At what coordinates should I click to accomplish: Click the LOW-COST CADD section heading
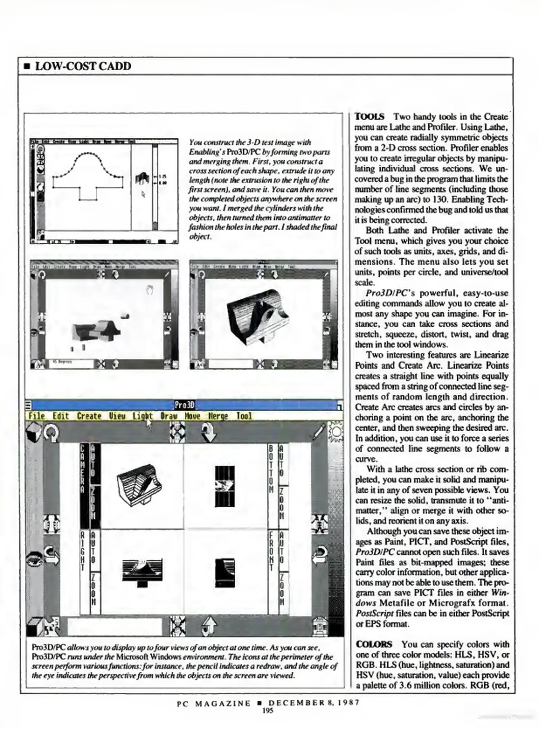point(83,66)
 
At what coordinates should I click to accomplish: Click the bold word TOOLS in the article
point(369,117)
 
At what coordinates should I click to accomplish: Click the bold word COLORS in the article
point(374,644)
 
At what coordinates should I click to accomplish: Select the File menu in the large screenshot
point(36,416)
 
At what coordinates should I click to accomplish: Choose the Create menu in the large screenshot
point(89,416)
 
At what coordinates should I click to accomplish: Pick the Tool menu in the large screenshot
point(244,416)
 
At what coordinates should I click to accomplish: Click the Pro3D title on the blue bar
point(185,405)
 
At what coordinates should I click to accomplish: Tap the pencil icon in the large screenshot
point(319,432)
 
